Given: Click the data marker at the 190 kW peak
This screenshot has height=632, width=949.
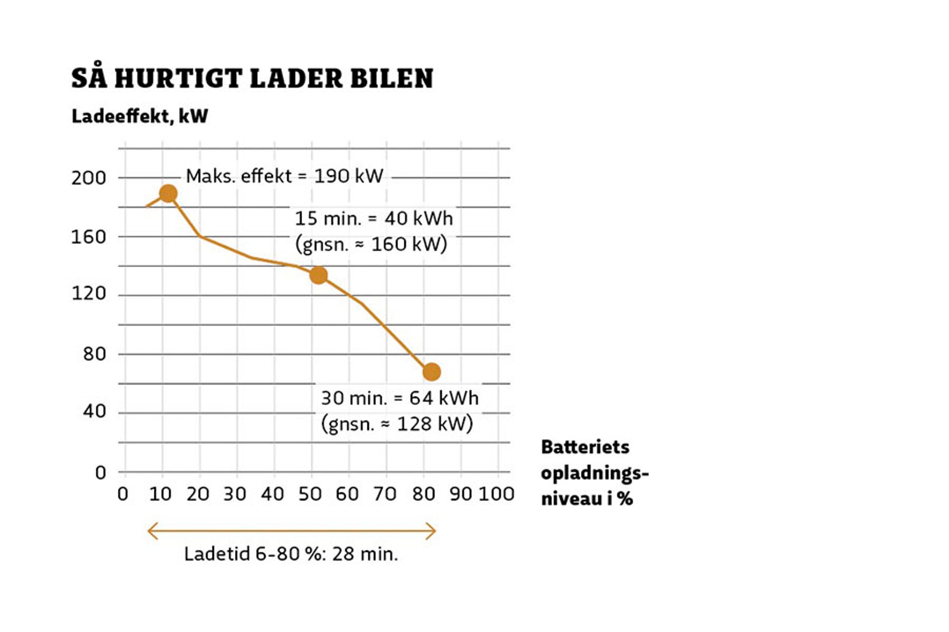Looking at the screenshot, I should [168, 193].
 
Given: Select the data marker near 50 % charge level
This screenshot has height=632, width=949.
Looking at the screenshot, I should [318, 275].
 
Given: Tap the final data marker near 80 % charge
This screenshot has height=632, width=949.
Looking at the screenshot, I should [432, 372].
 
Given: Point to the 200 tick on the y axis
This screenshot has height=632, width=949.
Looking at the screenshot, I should [88, 178].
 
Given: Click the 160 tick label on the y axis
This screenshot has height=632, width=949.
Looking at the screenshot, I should [88, 237].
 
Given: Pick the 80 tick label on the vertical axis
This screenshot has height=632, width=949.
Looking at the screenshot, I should [94, 354].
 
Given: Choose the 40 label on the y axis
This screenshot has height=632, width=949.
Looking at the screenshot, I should [94, 411].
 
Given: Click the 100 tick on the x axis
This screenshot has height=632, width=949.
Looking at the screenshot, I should [496, 494].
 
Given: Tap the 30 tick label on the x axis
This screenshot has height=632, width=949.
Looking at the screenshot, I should [235, 494].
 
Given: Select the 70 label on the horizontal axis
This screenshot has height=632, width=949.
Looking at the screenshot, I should [385, 494].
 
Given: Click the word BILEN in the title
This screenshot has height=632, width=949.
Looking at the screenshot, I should [392, 78].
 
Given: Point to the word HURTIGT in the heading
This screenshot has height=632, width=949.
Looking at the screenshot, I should [178, 78].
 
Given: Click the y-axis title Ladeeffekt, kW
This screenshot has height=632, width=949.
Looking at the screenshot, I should [139, 116].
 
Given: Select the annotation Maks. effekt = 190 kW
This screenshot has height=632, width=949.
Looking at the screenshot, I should [284, 176].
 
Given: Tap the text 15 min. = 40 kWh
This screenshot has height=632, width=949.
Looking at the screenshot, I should [374, 218].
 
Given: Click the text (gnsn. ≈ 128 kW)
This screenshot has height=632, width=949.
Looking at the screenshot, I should [397, 424].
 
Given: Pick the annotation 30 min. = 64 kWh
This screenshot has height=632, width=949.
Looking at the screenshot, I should [400, 398].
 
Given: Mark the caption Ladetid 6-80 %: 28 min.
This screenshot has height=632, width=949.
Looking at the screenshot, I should [291, 554].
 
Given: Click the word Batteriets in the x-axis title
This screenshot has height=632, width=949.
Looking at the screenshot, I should [585, 447].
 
